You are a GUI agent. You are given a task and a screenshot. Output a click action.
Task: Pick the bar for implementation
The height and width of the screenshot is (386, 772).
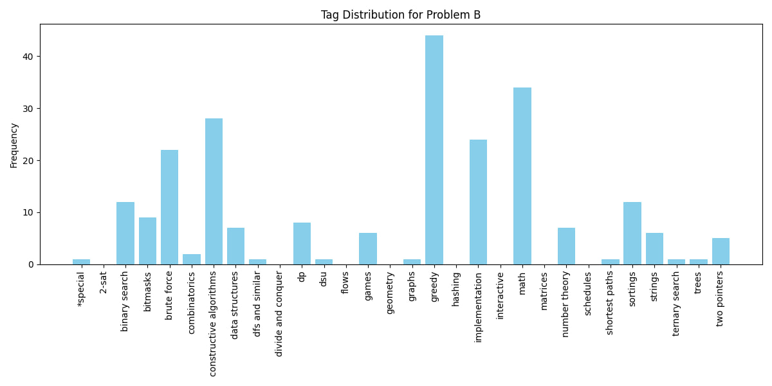click(x=478, y=202)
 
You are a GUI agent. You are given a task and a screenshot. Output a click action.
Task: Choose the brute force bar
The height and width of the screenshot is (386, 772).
click(x=169, y=207)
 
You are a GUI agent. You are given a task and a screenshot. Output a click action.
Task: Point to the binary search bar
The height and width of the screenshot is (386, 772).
click(x=125, y=233)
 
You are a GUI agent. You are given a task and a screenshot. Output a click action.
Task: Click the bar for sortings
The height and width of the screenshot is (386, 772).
click(x=632, y=233)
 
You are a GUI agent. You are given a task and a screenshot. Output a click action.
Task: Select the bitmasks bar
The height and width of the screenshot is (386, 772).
click(x=147, y=241)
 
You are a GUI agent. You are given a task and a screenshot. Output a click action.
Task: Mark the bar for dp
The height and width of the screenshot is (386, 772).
click(x=302, y=243)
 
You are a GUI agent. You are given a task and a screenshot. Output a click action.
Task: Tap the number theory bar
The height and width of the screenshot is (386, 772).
click(x=566, y=246)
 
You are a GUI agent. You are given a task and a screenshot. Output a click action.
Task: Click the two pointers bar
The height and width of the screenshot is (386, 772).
click(x=721, y=251)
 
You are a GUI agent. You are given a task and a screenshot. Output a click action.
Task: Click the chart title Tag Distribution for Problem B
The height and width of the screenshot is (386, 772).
click(x=401, y=15)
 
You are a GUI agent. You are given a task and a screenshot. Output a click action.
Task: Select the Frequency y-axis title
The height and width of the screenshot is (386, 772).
click(x=14, y=145)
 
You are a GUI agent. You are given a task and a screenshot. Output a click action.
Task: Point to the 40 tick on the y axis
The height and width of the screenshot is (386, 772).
click(x=28, y=57)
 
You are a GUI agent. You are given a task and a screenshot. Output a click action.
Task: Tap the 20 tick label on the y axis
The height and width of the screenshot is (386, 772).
click(x=28, y=161)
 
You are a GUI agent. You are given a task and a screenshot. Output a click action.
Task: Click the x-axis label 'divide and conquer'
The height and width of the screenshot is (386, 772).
click(x=279, y=313)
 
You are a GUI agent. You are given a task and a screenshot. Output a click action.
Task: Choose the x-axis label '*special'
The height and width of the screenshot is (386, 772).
click(x=81, y=289)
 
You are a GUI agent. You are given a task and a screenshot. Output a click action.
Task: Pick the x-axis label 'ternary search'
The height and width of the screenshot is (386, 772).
click(x=676, y=303)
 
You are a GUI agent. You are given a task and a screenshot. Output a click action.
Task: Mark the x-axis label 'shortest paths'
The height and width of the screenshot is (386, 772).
click(x=610, y=302)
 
